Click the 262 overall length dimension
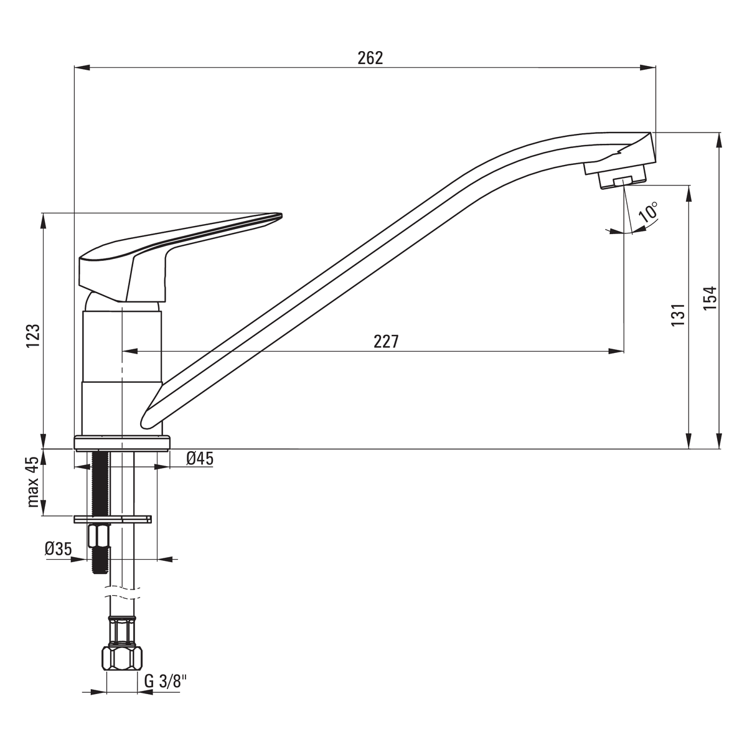click(x=370, y=58)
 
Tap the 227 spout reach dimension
click(x=386, y=342)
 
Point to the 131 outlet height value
click(x=679, y=314)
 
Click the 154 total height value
click(x=710, y=298)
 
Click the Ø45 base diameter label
click(x=200, y=459)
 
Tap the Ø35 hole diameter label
click(x=58, y=548)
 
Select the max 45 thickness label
click(x=34, y=482)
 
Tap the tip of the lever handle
click(x=281, y=214)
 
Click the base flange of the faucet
click(x=122, y=443)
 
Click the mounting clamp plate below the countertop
click(x=113, y=519)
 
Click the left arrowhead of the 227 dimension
click(x=130, y=351)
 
